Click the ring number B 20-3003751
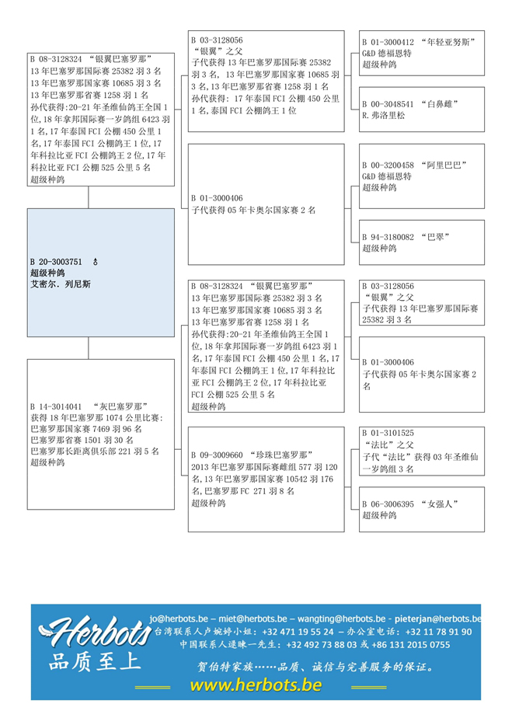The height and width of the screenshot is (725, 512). [x=56, y=262]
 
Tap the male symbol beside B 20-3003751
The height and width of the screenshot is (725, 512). [x=96, y=262]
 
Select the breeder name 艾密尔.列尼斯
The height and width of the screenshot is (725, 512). [x=60, y=284]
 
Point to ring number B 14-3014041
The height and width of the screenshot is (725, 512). [x=56, y=406]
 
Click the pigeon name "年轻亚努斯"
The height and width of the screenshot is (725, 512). [x=451, y=41]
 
